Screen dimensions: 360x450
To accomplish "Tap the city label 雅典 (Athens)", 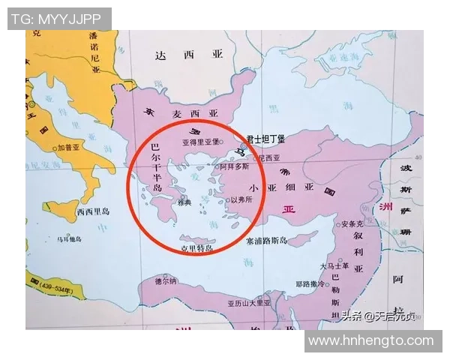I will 184,202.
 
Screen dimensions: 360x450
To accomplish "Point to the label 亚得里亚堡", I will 199,141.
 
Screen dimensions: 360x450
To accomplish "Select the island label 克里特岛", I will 197,247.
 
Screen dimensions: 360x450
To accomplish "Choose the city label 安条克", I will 352,223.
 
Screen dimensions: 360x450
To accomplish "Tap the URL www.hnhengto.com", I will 371,340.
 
